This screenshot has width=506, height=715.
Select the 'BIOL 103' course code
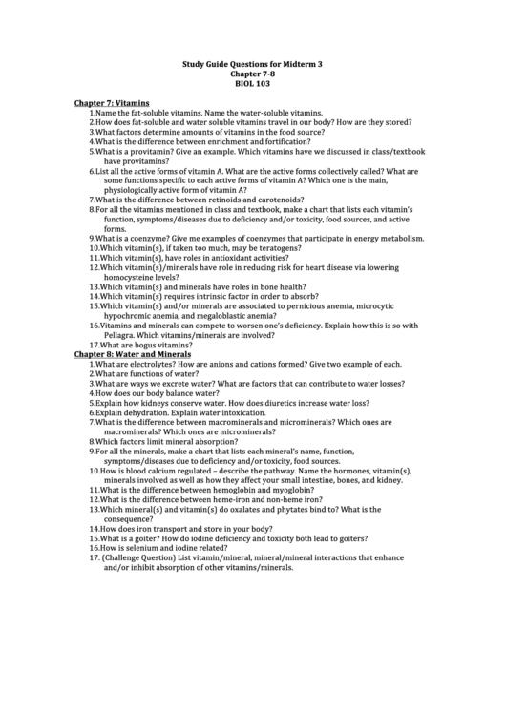click(252, 84)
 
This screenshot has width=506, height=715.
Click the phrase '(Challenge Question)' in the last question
click(139, 557)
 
